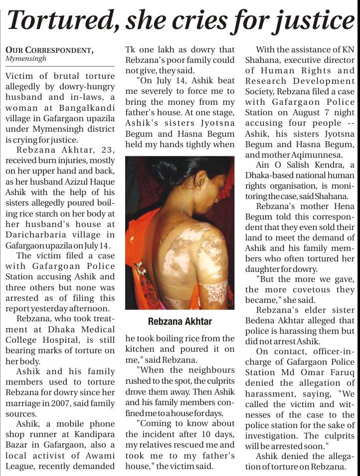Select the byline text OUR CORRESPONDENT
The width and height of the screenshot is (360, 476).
click(49, 50)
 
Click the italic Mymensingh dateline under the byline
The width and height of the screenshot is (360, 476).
click(26, 59)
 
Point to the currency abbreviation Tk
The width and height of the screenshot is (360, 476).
click(131, 49)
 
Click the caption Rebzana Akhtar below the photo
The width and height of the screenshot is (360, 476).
click(180, 321)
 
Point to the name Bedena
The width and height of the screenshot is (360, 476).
click(262, 321)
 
